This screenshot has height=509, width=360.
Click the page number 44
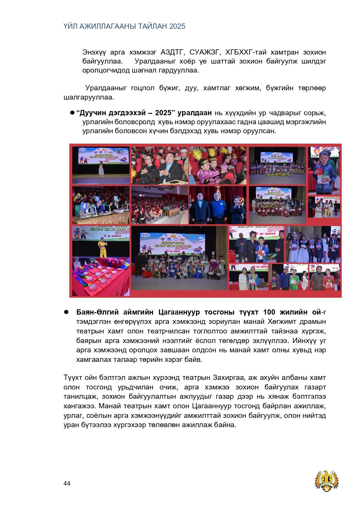67,483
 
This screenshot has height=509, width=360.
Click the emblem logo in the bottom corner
327,481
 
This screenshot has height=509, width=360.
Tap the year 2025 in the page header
177,26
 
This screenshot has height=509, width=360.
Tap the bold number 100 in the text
269,312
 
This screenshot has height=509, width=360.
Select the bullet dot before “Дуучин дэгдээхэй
72,113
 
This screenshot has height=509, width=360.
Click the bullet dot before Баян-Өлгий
66,312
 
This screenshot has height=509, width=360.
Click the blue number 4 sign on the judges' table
84,206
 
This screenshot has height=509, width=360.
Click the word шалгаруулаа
89,97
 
